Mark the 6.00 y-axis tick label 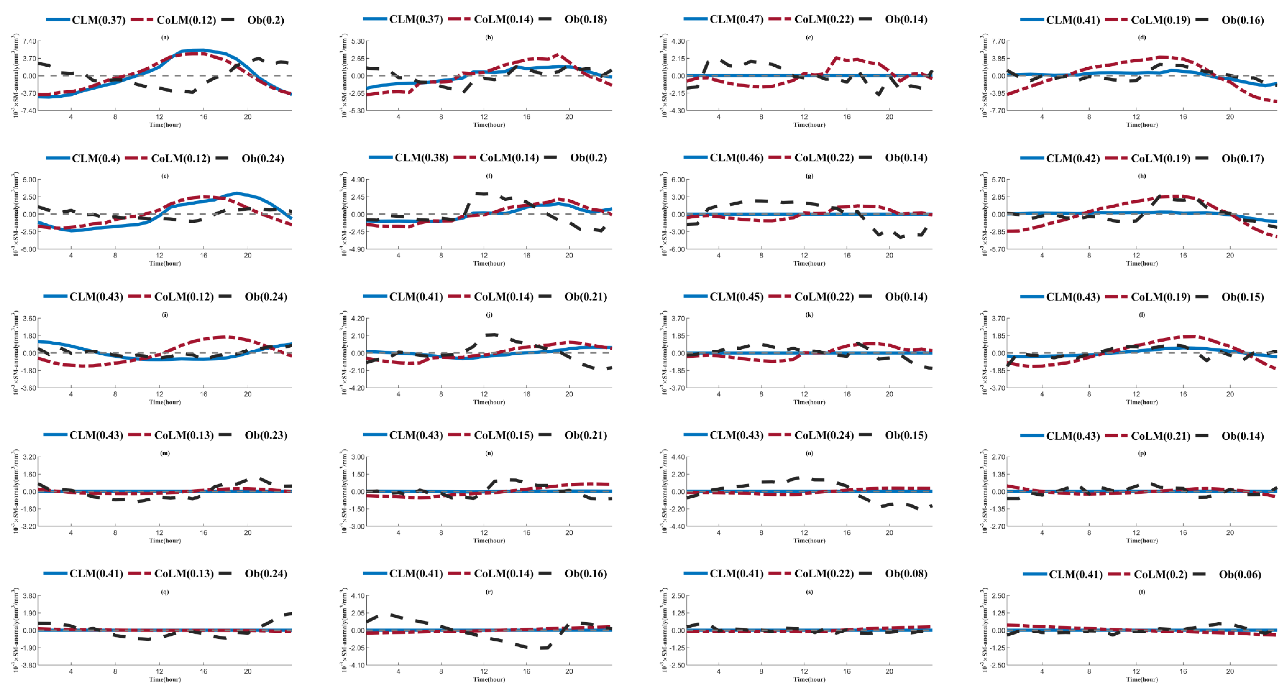tap(678, 179)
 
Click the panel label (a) tap(165, 37)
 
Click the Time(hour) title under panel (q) tap(165, 680)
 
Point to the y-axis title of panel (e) tap(16, 214)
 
